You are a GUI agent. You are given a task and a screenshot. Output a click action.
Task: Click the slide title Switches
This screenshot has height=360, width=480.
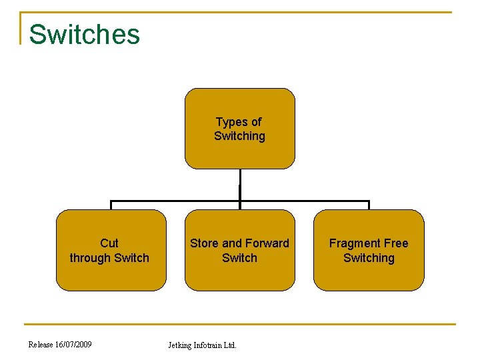[85, 35]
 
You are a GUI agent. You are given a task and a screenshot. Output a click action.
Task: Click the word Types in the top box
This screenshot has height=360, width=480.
[230, 122]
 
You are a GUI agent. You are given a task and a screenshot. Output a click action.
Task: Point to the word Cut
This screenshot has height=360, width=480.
[109, 243]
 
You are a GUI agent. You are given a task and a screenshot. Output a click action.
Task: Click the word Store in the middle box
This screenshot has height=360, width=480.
[204, 243]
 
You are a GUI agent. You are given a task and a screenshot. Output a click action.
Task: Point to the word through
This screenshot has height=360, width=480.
[90, 258]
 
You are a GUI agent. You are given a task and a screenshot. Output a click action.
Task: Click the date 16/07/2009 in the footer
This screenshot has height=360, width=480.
[73, 345]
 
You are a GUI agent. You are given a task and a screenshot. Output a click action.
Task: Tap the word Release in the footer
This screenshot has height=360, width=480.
[41, 345]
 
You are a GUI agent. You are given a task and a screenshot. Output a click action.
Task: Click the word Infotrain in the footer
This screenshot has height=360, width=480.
[208, 345]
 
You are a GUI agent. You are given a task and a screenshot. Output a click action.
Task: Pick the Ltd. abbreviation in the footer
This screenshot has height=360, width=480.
[230, 345]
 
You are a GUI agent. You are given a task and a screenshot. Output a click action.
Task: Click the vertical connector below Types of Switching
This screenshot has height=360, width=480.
[239, 184]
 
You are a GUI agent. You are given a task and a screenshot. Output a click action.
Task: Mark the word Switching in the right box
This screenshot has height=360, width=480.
[369, 258]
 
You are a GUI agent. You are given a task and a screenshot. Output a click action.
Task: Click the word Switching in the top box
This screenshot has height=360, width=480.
[239, 136]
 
